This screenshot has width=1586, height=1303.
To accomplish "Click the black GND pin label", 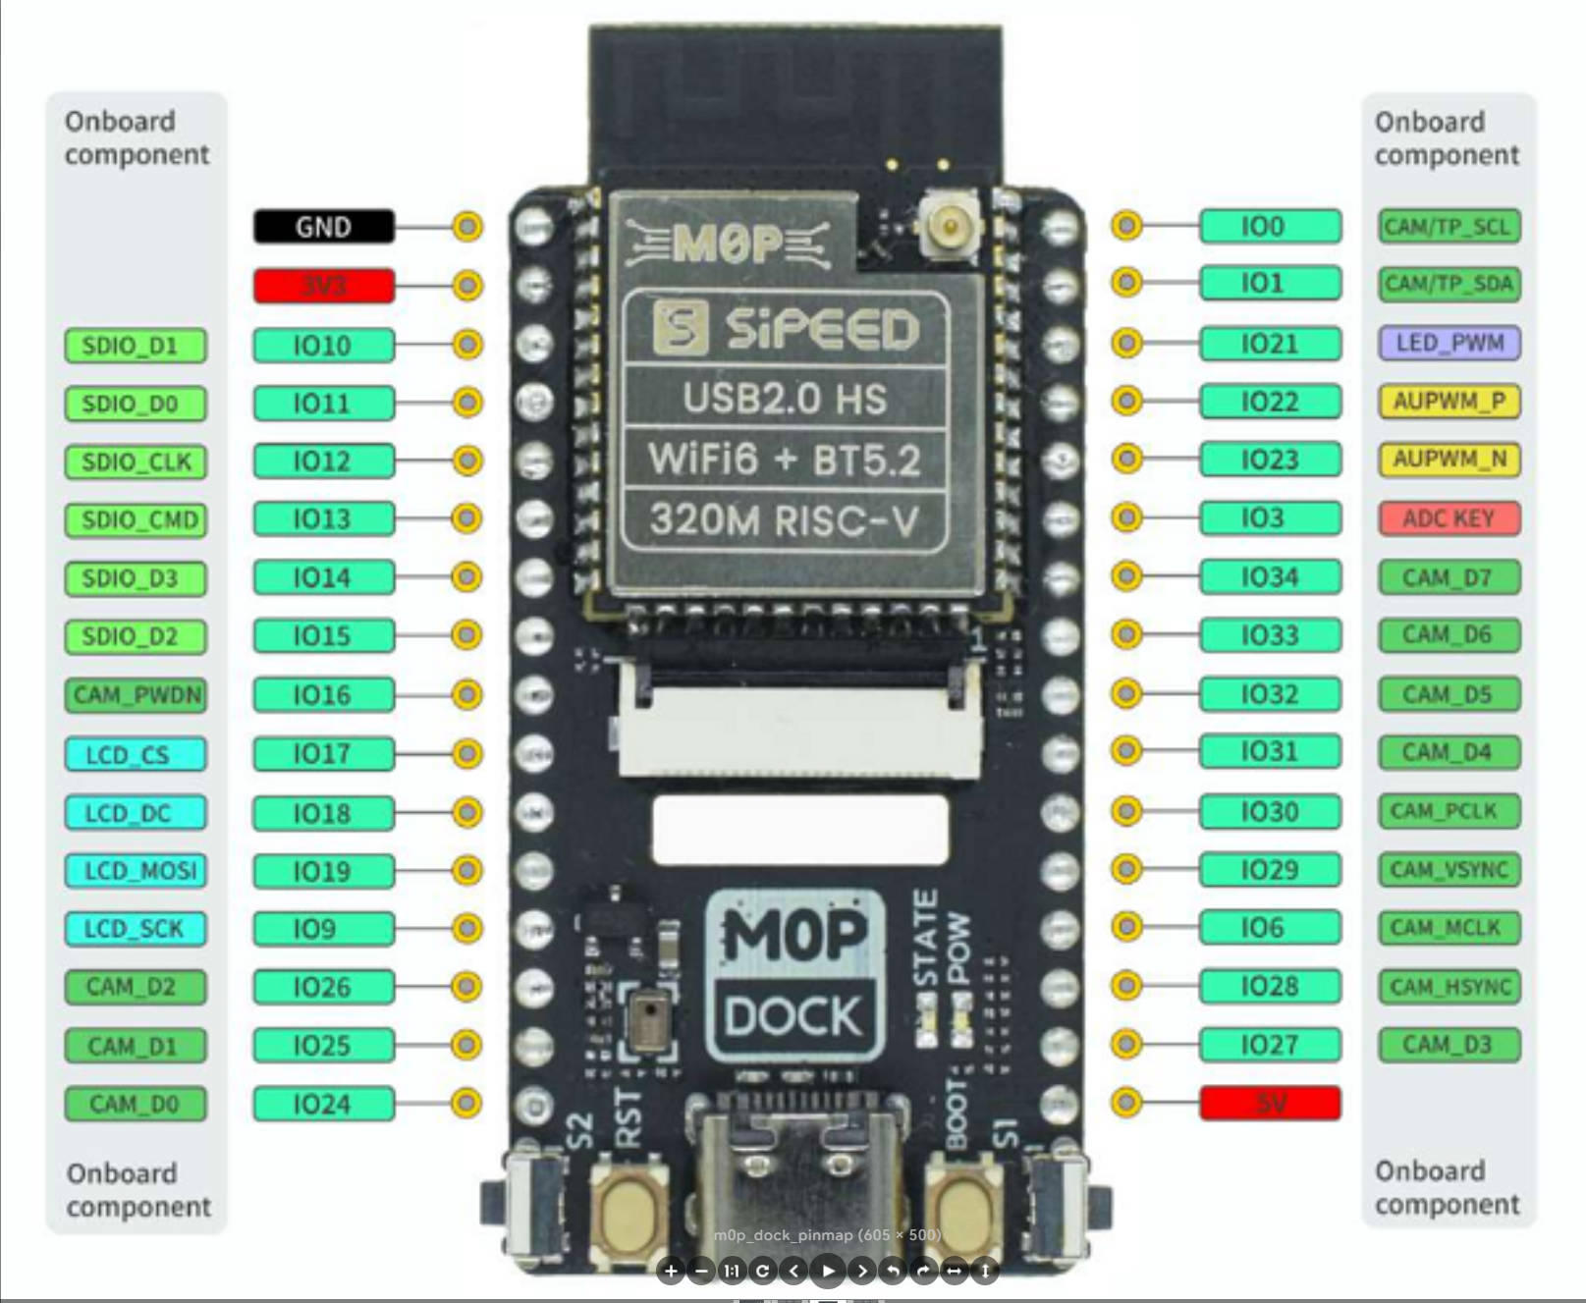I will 323,227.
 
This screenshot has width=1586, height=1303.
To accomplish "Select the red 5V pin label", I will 1270,1103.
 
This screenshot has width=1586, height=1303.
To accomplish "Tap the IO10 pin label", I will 323,345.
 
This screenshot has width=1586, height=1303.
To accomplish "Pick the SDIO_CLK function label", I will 136,461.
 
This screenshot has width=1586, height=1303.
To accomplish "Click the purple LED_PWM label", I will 1449,343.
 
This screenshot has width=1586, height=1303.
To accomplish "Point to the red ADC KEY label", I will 1449,517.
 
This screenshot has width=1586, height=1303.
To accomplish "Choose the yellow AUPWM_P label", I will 1449,401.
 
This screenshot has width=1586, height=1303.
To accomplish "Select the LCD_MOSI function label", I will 136,870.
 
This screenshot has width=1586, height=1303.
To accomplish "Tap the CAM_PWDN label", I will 136,695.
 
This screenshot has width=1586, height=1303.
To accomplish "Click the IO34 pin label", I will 1270,576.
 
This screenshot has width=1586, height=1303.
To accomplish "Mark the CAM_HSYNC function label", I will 1449,986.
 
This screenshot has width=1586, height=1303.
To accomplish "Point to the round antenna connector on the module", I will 948,228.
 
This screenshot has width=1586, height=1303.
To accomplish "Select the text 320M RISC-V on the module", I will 784,520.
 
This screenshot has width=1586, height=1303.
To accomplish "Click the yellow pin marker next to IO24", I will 466,1103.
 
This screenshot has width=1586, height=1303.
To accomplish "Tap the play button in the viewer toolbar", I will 828,1271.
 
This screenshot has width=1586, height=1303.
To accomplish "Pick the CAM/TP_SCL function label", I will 1449,227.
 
